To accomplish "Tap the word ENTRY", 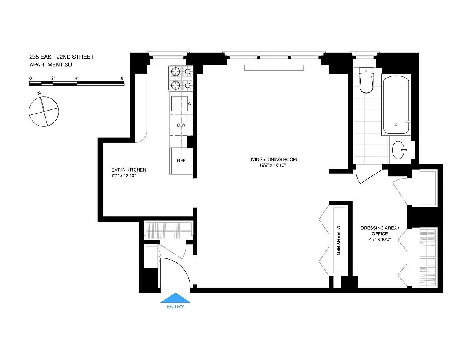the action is pos(175,306).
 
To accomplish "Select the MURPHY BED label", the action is pos(338,240).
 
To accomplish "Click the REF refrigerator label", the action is pos(181,161).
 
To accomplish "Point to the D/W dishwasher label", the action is pos(181,125).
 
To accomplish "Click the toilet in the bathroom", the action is pos(367,80).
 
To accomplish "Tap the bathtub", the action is pos(396,105).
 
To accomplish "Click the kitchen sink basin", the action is pos(179,103).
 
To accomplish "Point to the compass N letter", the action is pos(39,93).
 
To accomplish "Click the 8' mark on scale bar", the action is pos(122,78).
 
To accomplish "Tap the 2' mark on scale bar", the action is pos(53,78).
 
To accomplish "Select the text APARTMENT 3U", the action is pos(50,65).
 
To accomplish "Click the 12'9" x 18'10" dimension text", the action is pos(273,165).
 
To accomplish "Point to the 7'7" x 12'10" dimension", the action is pos(124,175).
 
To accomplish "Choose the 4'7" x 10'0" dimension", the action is pos(380,239).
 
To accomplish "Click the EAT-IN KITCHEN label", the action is pos(129,170).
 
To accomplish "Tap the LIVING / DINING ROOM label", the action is pos(273,159).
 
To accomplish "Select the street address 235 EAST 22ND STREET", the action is pos(62,57).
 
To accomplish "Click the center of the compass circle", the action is pos(44,111).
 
